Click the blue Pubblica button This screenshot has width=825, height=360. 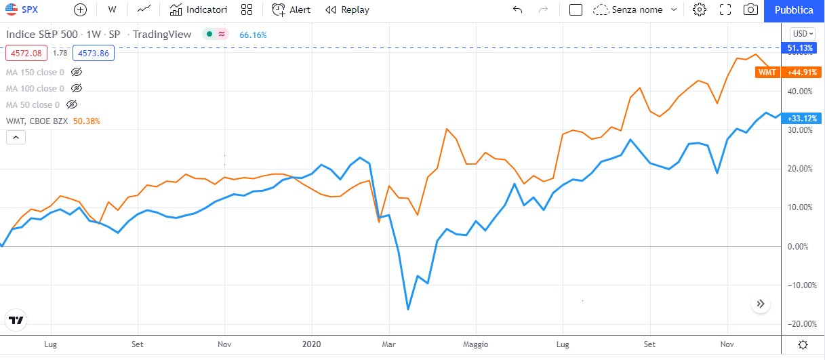pyautogui.click(x=794, y=10)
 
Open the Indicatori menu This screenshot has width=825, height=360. pyautogui.click(x=198, y=10)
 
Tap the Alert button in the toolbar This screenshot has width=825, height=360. pyautogui.click(x=291, y=10)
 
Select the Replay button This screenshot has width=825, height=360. pyautogui.click(x=347, y=10)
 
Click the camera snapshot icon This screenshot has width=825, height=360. pyautogui.click(x=750, y=10)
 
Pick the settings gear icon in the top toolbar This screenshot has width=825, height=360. pyautogui.click(x=700, y=10)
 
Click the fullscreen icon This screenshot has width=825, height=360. pyautogui.click(x=725, y=10)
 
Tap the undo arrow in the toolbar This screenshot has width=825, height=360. pyautogui.click(x=518, y=10)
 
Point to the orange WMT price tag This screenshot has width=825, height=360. pyautogui.click(x=767, y=73)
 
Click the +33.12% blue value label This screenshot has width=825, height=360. pyautogui.click(x=801, y=118)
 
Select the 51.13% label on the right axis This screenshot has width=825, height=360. pyautogui.click(x=801, y=48)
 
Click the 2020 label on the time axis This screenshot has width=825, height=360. pyautogui.click(x=310, y=344)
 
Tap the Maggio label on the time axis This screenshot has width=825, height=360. pyautogui.click(x=475, y=344)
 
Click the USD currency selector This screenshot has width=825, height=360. pyautogui.click(x=803, y=33)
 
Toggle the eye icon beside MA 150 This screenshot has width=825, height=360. pyautogui.click(x=77, y=72)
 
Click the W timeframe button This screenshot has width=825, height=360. pyautogui.click(x=112, y=10)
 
